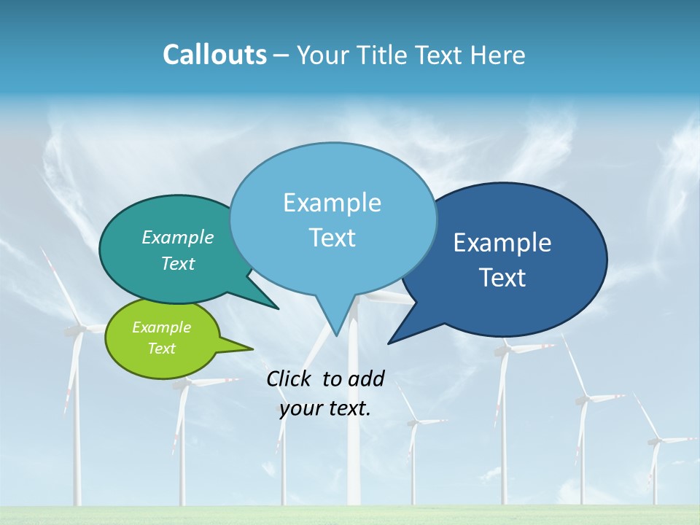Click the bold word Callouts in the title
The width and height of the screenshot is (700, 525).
215,55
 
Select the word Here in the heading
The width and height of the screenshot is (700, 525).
499,55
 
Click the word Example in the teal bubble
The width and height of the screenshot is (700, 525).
178,237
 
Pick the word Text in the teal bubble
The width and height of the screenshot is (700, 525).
178,263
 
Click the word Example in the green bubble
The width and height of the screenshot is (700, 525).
162,327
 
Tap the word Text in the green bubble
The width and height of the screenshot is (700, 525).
162,349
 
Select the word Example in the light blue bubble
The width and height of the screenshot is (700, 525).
332,203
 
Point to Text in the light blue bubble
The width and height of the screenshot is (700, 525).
332,238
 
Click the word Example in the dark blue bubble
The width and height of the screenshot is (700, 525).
502,243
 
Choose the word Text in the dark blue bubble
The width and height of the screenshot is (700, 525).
502,278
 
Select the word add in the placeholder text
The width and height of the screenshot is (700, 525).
366,378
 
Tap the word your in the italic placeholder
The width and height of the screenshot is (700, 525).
300,408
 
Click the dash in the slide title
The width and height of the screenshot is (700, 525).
281,55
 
